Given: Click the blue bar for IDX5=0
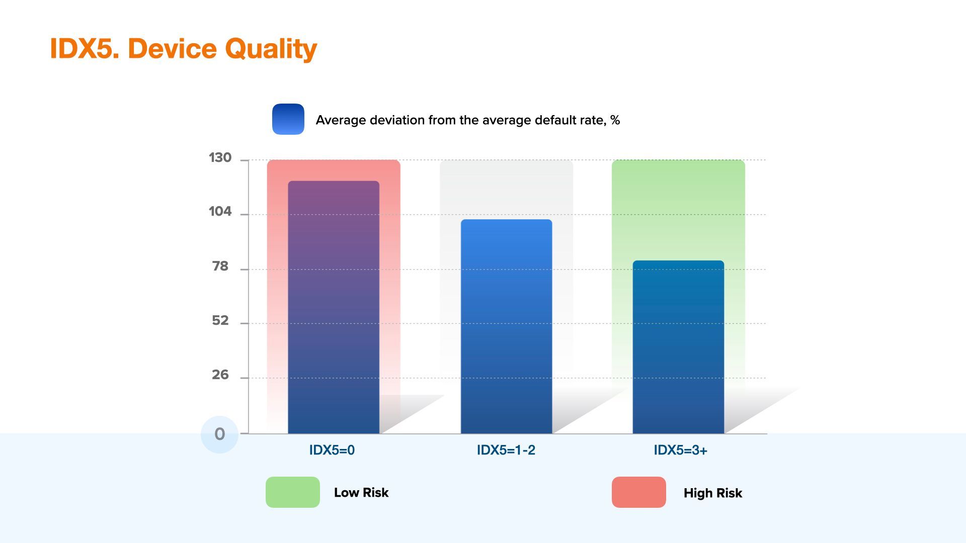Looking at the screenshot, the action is click(334, 307).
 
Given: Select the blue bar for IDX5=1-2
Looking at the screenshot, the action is click(506, 326).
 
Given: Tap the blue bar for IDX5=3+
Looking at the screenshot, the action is click(678, 347).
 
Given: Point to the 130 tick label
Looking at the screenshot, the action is click(220, 158).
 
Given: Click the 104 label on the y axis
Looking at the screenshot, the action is click(220, 212).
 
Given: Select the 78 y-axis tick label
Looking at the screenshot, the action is click(220, 266).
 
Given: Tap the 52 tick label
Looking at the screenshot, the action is click(220, 320).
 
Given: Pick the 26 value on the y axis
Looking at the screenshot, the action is click(220, 375).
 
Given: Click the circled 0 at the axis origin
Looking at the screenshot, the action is click(219, 434).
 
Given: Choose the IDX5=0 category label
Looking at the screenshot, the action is click(332, 450).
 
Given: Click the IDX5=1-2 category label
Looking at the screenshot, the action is click(506, 450).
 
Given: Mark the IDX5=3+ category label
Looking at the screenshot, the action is click(680, 450).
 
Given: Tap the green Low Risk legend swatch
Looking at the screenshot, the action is click(293, 492).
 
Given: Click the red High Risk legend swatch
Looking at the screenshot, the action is click(639, 492).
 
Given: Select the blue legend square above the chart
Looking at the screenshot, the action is click(288, 119).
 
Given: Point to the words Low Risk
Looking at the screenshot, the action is click(361, 493).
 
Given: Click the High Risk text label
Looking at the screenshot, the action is click(713, 493).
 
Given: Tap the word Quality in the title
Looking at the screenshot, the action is click(271, 49).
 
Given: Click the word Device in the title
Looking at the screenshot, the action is click(173, 48).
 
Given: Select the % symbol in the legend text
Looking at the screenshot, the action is click(615, 120).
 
